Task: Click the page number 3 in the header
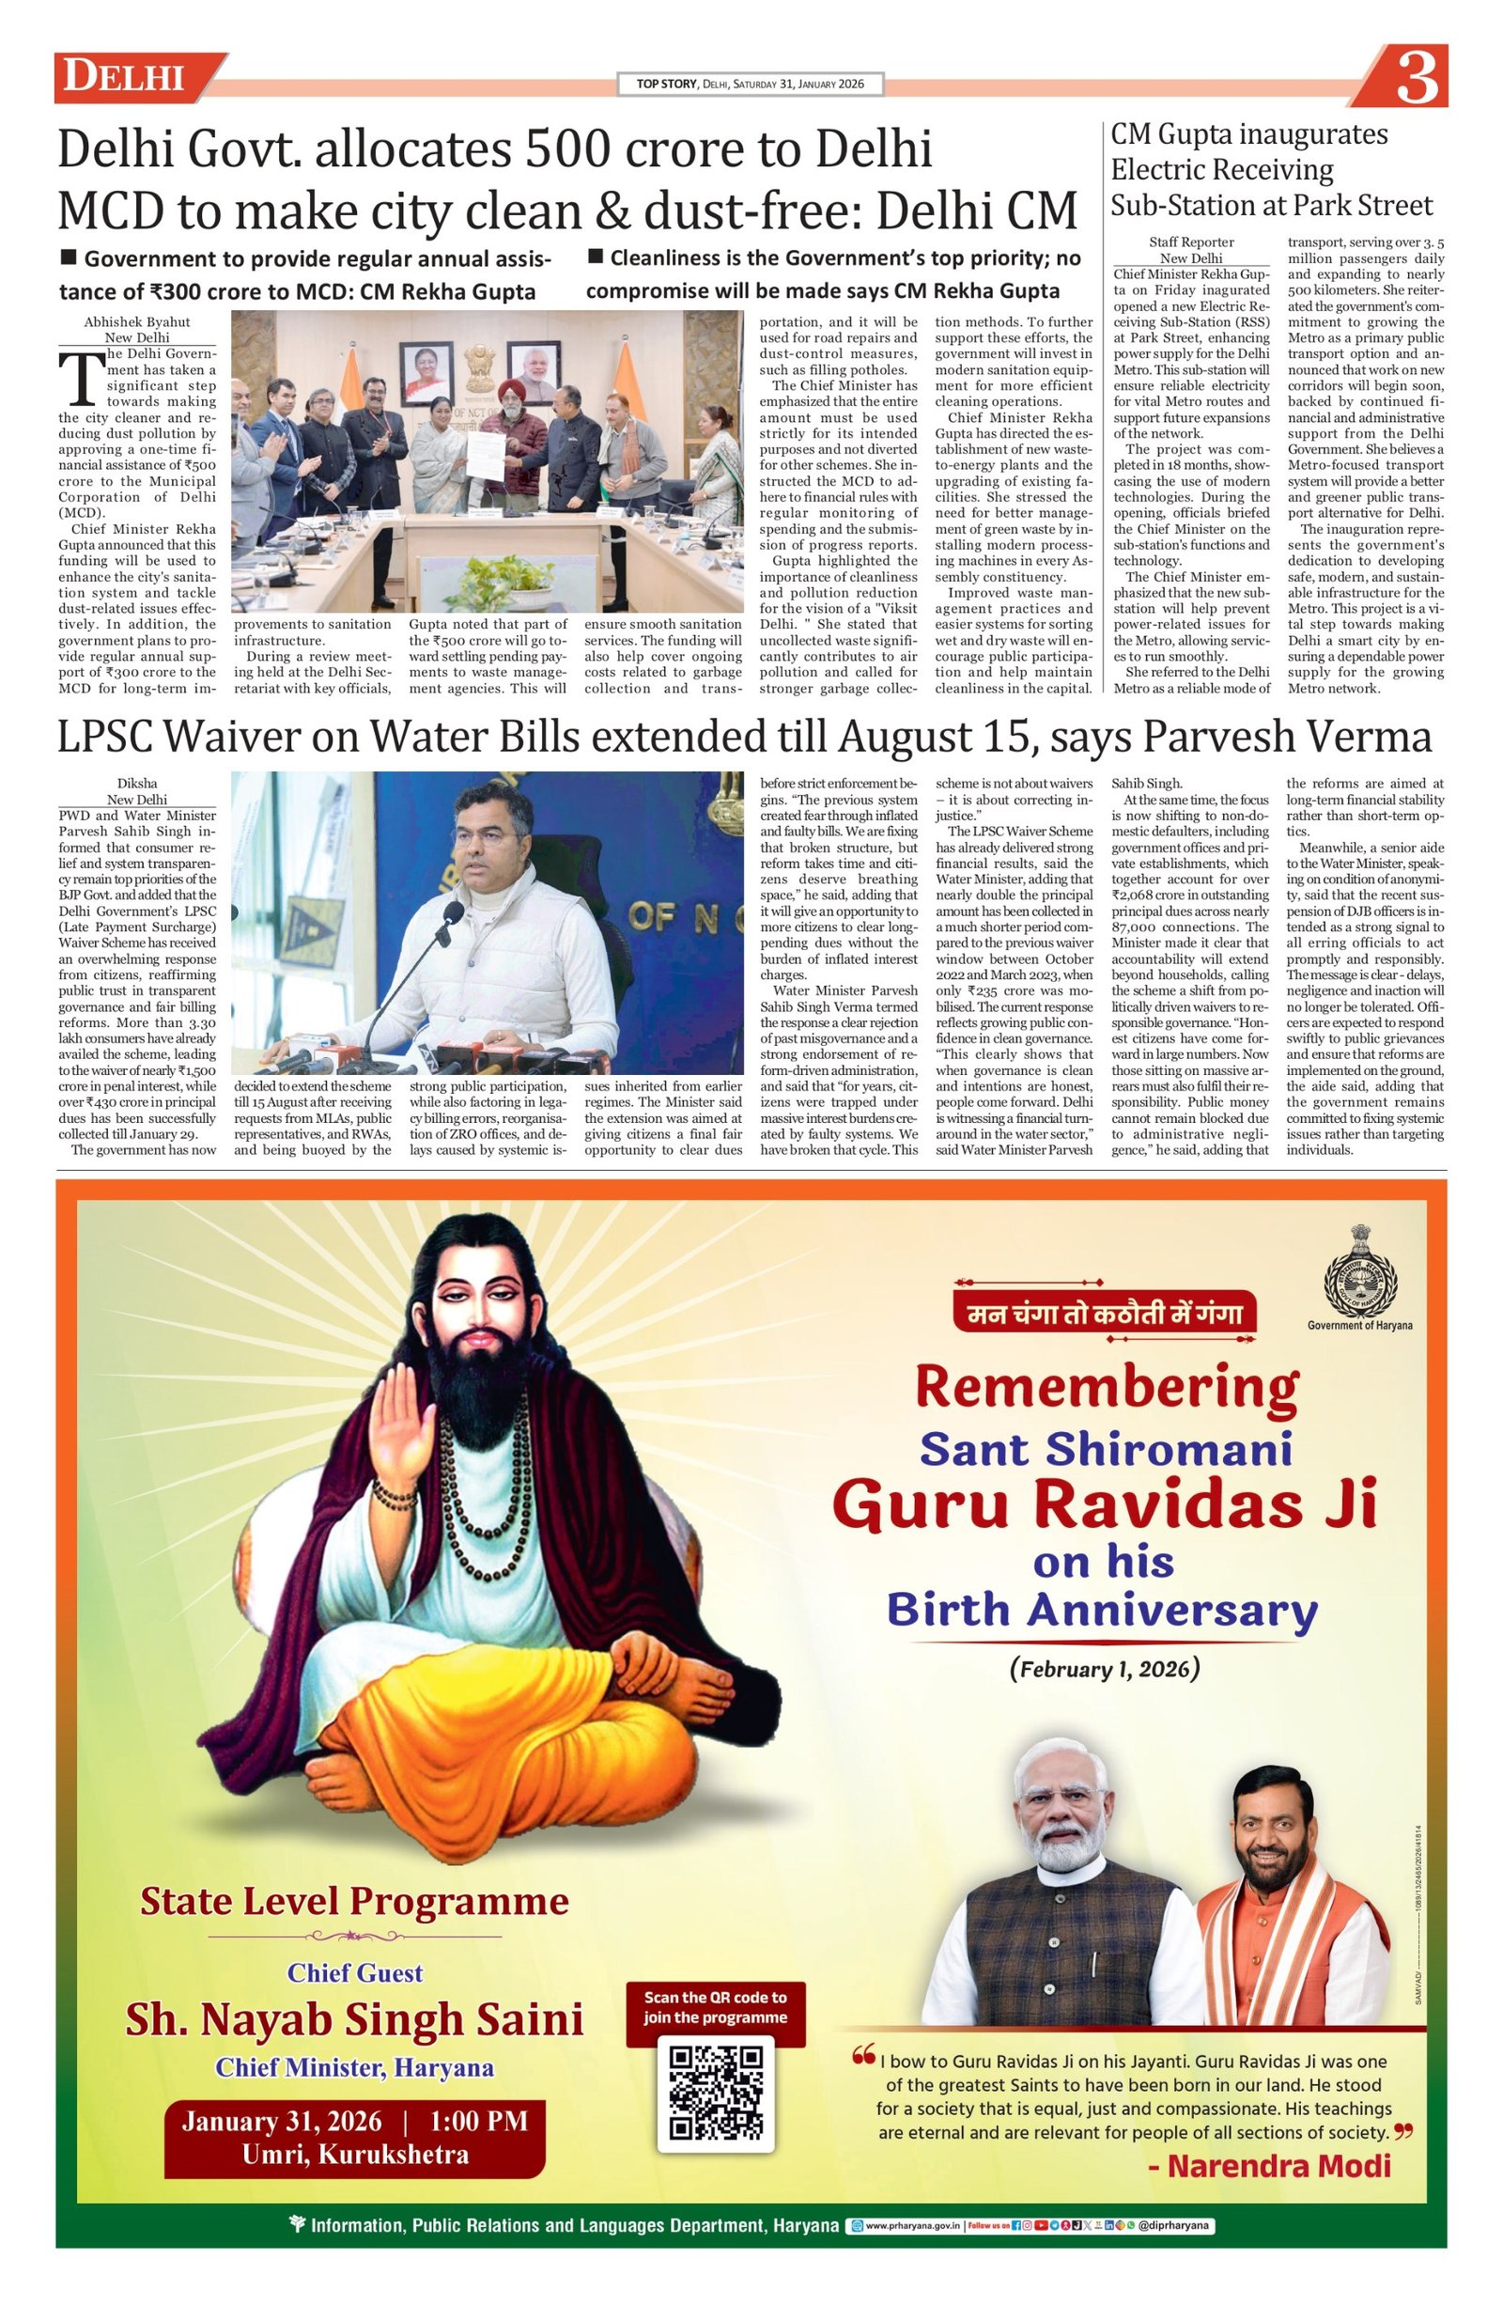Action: (x=1416, y=77)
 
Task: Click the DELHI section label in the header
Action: (x=124, y=77)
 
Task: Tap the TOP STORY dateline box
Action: (x=751, y=85)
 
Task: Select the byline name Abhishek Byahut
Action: (x=136, y=321)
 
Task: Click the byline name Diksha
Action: (x=136, y=783)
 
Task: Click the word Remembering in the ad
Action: (x=1106, y=1387)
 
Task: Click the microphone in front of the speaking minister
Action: (x=449, y=913)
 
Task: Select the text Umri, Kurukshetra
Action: (x=355, y=2154)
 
